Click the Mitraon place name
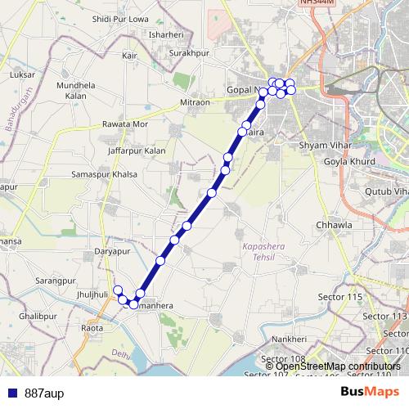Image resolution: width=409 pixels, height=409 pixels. tap(195, 102)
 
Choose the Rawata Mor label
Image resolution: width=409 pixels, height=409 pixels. tap(124, 124)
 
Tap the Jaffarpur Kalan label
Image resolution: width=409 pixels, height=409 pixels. tap(137, 151)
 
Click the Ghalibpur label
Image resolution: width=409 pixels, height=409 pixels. tap(38, 315)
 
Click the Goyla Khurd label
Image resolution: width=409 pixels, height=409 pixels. tap(348, 162)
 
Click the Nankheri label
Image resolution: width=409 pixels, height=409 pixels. tap(289, 339)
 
